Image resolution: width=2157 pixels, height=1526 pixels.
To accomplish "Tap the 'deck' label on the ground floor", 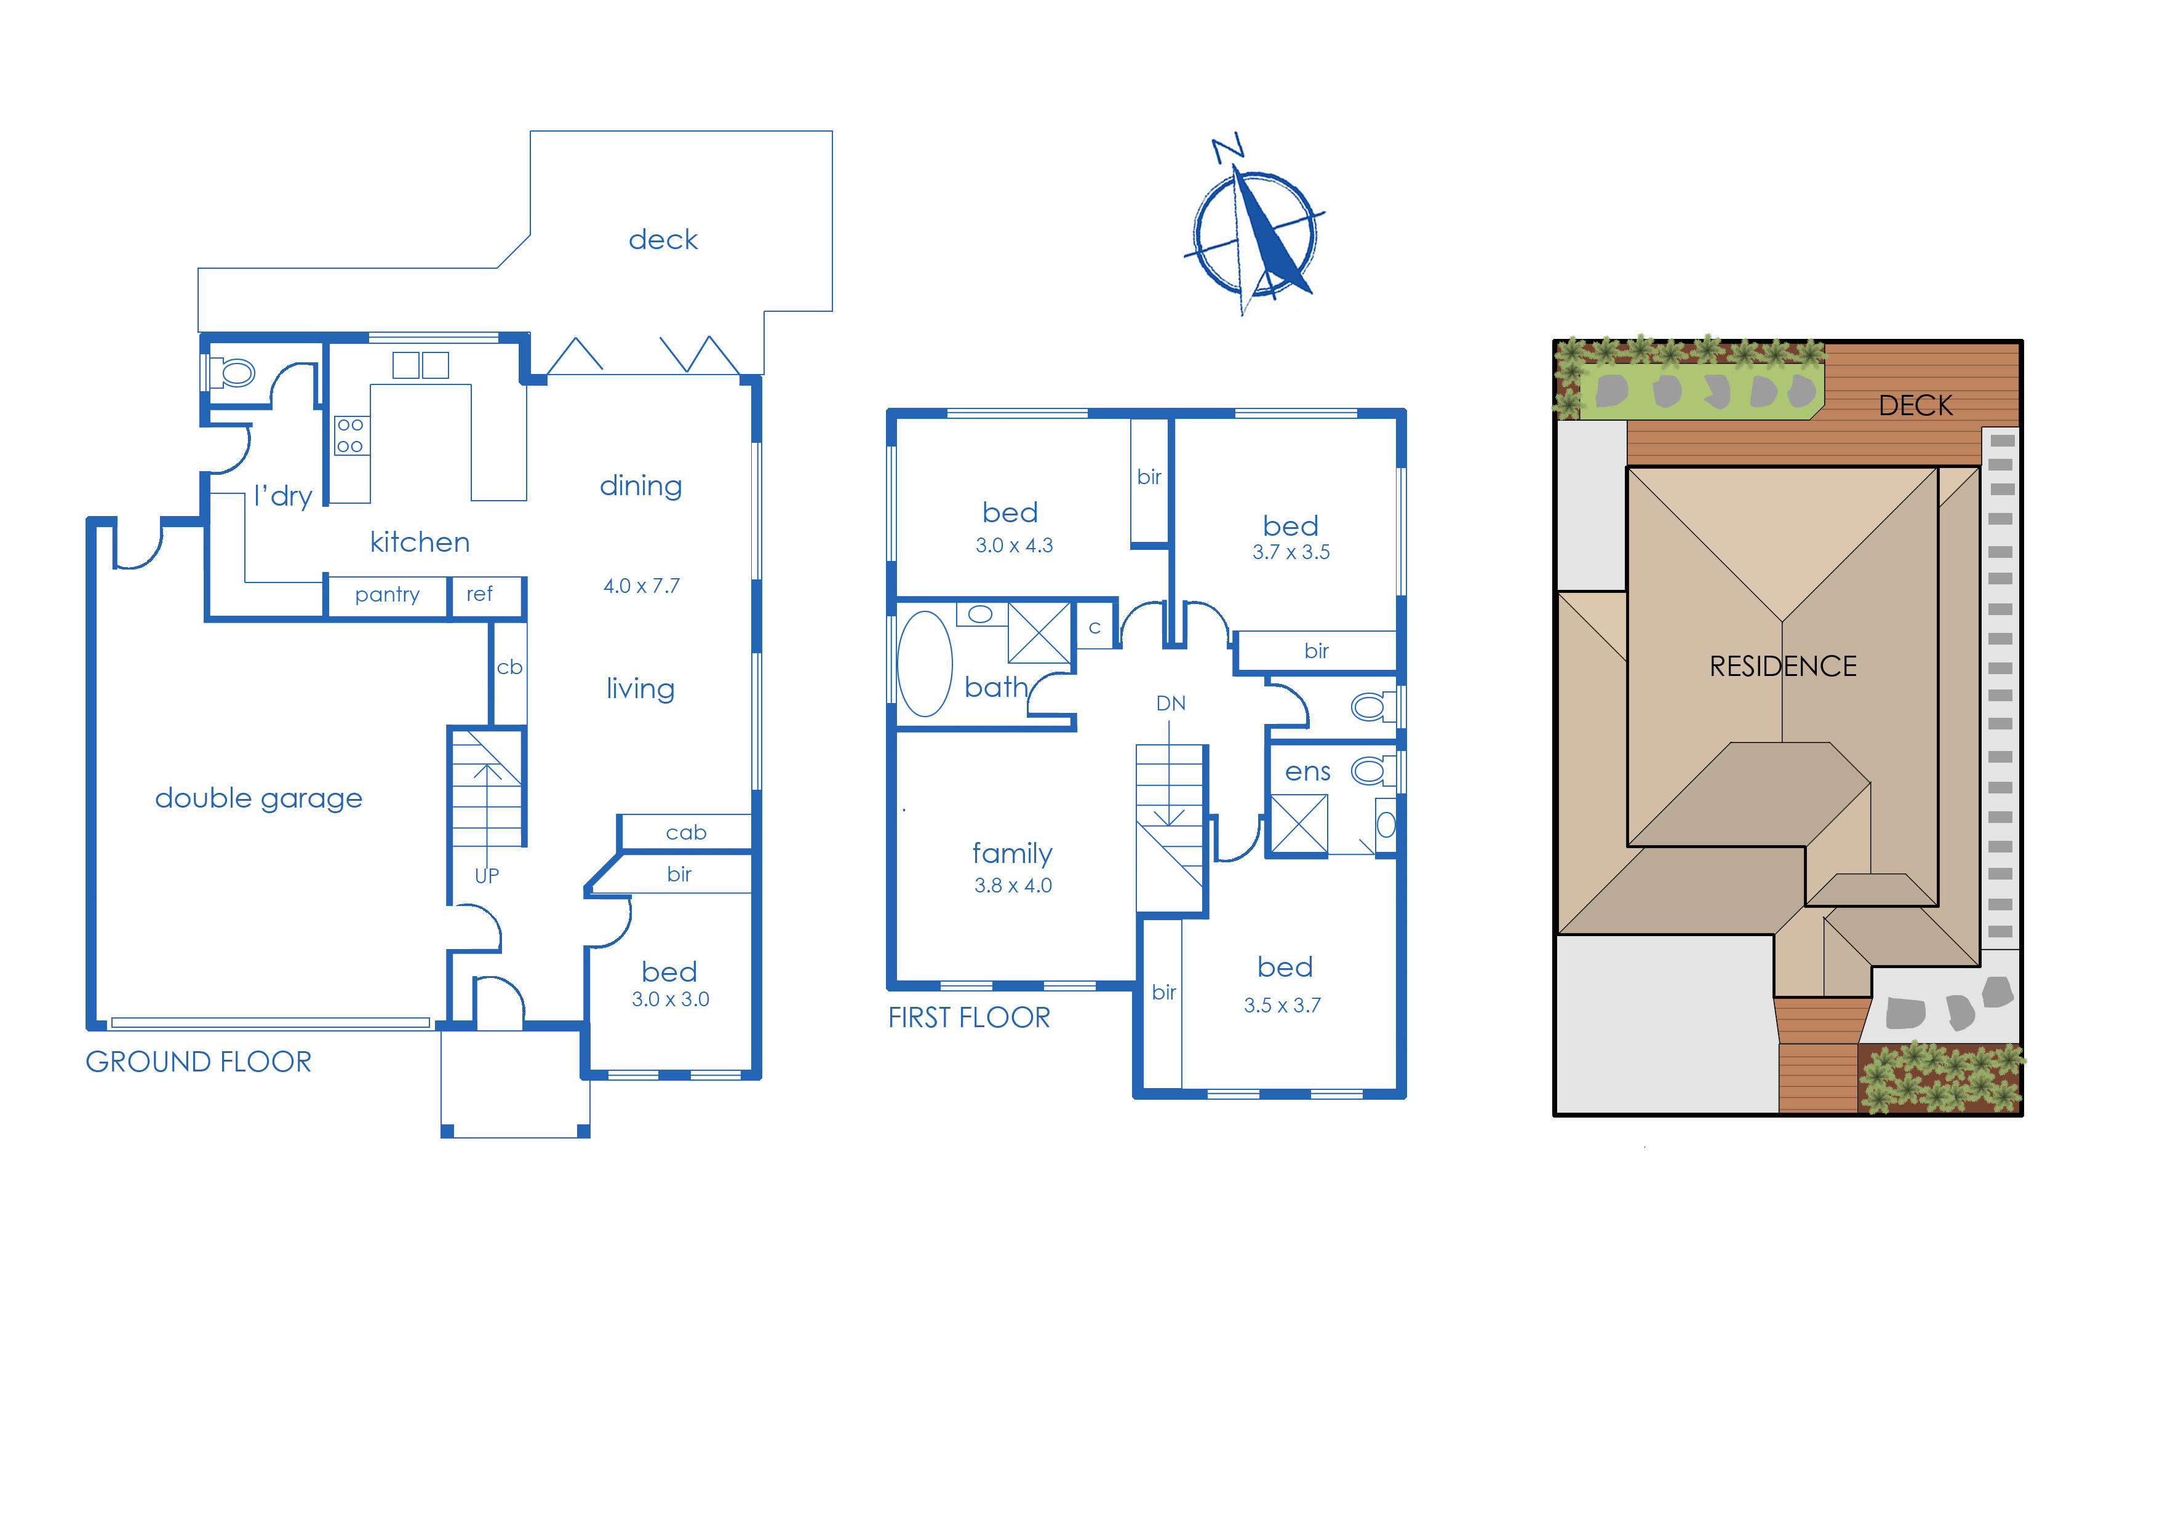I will (663, 240).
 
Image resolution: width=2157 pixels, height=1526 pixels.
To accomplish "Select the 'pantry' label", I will (386, 595).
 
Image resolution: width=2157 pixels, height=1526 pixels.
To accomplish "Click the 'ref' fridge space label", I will (479, 595).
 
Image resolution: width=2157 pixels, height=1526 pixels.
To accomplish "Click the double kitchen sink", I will (420, 365).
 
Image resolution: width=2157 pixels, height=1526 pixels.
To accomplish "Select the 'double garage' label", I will (258, 799).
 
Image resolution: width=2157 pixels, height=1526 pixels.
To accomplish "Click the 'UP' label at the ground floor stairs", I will (486, 876).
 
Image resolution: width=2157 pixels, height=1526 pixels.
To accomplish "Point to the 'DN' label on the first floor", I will (1170, 704).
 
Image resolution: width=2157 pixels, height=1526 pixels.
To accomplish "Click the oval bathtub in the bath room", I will (925, 664).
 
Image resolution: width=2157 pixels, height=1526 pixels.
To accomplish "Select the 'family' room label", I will (1011, 853).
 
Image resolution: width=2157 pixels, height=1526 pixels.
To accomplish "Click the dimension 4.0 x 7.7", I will (641, 586).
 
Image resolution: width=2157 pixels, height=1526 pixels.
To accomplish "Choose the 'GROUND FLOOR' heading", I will (198, 1062).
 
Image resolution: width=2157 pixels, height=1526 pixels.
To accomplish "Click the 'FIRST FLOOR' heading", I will (969, 1018).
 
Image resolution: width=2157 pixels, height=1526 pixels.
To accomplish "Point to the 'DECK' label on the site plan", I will (1915, 406).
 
